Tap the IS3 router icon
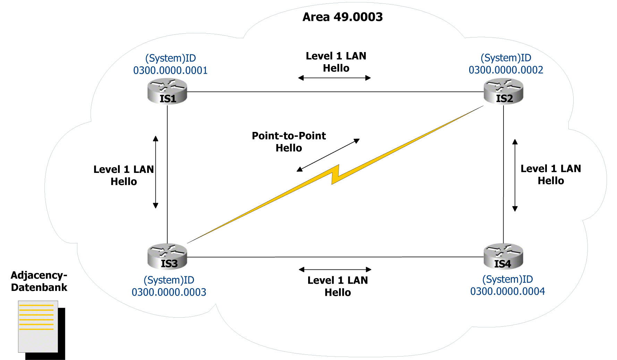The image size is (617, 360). [167, 257]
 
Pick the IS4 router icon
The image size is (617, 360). [503, 257]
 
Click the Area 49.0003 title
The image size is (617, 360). [343, 17]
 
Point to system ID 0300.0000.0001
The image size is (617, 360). [170, 70]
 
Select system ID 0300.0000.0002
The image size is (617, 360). [506, 70]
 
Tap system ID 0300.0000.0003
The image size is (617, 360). [169, 292]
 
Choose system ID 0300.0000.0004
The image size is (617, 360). [507, 291]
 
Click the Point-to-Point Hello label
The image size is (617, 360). [289, 142]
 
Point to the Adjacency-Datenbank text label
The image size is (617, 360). [39, 281]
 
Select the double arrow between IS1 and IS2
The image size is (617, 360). [335, 78]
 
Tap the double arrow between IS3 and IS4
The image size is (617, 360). [335, 269]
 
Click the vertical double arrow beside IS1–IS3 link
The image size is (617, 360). [156, 172]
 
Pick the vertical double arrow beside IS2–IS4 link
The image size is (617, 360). [515, 175]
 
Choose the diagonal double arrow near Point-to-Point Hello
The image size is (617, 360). [328, 155]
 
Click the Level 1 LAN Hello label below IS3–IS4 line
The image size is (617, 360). [338, 286]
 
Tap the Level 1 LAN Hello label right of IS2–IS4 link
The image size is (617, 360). [551, 175]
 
